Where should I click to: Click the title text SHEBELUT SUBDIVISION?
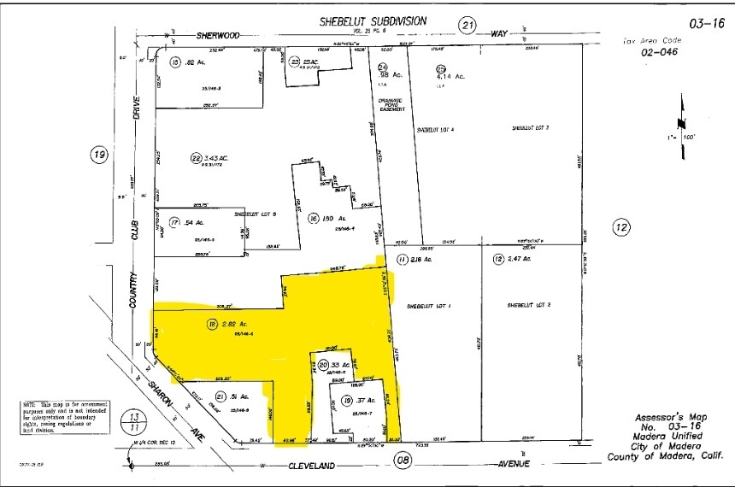click(373, 21)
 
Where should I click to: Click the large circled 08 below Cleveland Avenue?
click(402, 461)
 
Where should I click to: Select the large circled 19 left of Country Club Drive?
click(99, 155)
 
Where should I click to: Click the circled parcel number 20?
click(324, 365)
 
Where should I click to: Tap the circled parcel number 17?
click(174, 222)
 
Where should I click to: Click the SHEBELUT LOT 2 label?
click(527, 305)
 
